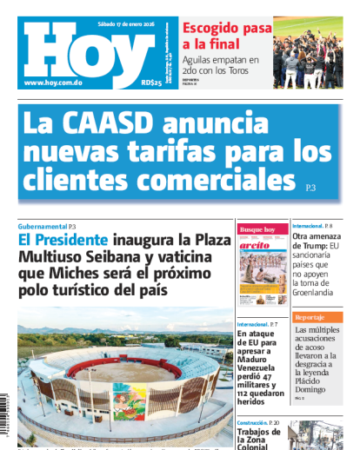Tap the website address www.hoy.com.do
tap(54, 83)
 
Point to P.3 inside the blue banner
tap(311, 187)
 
